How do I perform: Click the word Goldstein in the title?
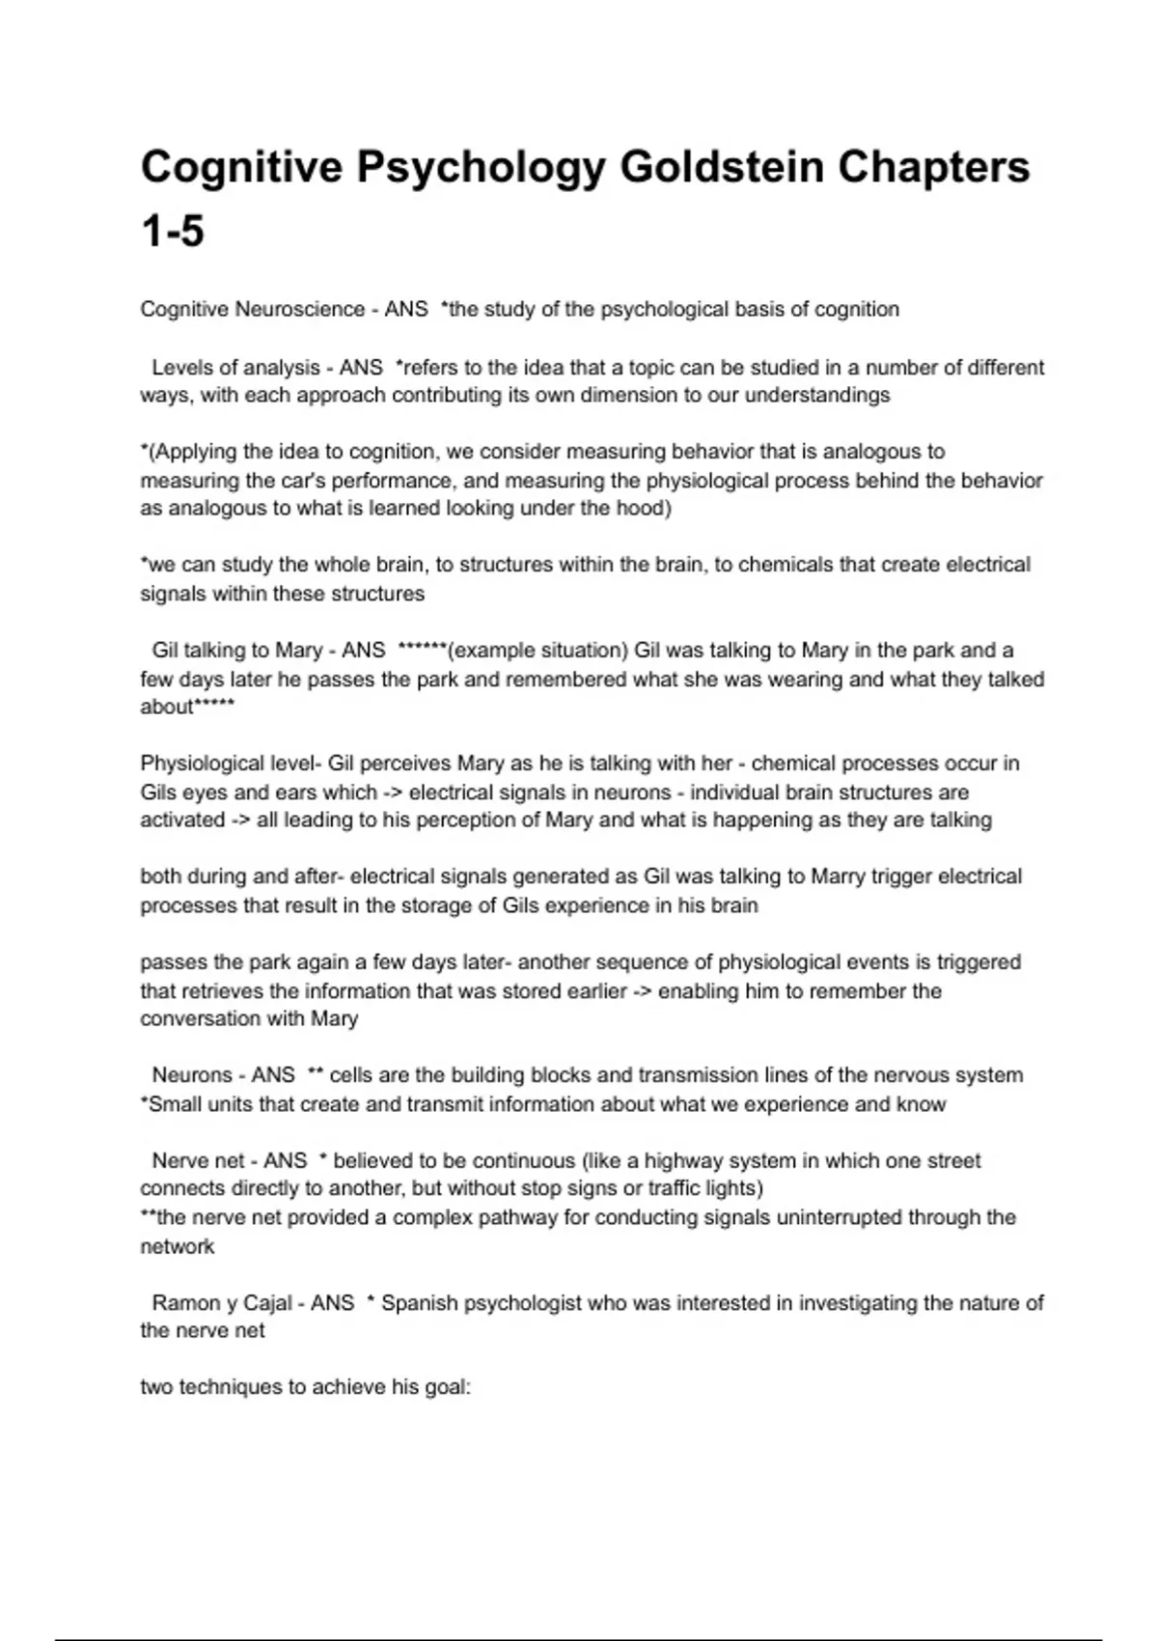click(721, 167)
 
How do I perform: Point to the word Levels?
click(183, 367)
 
